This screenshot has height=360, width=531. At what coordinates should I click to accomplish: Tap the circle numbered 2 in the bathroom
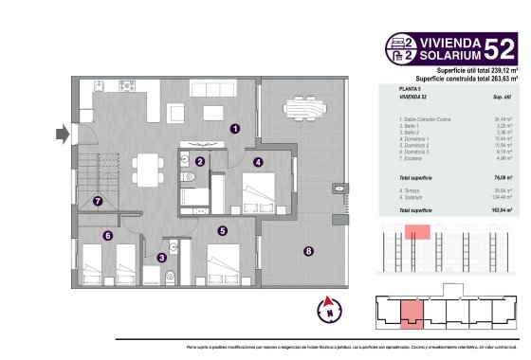(200, 162)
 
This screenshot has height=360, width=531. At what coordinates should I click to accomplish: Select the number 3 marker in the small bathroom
(162, 257)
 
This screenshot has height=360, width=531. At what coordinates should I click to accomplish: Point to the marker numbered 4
(258, 162)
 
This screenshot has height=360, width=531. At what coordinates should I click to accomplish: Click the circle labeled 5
(222, 230)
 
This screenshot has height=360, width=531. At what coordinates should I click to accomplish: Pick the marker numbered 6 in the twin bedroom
(107, 236)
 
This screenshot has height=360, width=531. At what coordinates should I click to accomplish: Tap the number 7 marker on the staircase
(97, 201)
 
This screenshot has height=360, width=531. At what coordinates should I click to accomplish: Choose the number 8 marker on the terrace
(308, 251)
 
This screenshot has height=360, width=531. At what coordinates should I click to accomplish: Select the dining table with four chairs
(145, 167)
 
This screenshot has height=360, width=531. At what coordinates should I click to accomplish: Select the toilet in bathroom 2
(170, 276)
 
